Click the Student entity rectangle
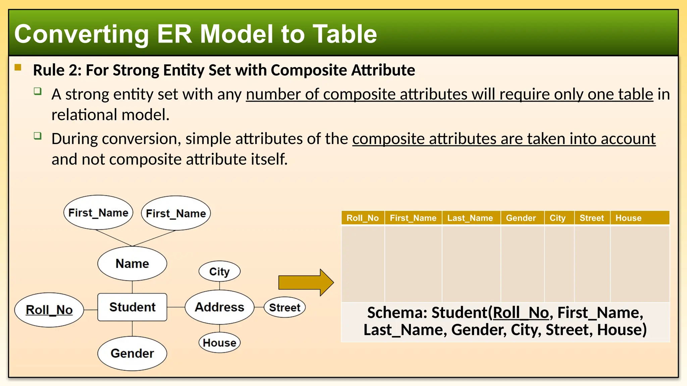(x=132, y=307)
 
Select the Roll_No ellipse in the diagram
(x=49, y=310)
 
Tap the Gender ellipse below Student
(x=132, y=353)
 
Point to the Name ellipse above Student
(x=132, y=263)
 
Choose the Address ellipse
(x=219, y=307)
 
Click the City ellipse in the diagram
(x=219, y=271)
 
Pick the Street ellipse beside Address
(x=284, y=307)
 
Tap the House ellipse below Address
(x=219, y=342)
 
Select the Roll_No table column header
(x=363, y=218)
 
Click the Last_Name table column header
(x=470, y=218)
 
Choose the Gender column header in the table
(x=521, y=218)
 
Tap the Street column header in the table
(x=591, y=218)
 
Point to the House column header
(x=628, y=218)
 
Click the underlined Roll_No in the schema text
(x=521, y=313)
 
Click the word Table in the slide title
(x=345, y=34)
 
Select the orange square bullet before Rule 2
(x=18, y=68)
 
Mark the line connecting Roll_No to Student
(x=90, y=310)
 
